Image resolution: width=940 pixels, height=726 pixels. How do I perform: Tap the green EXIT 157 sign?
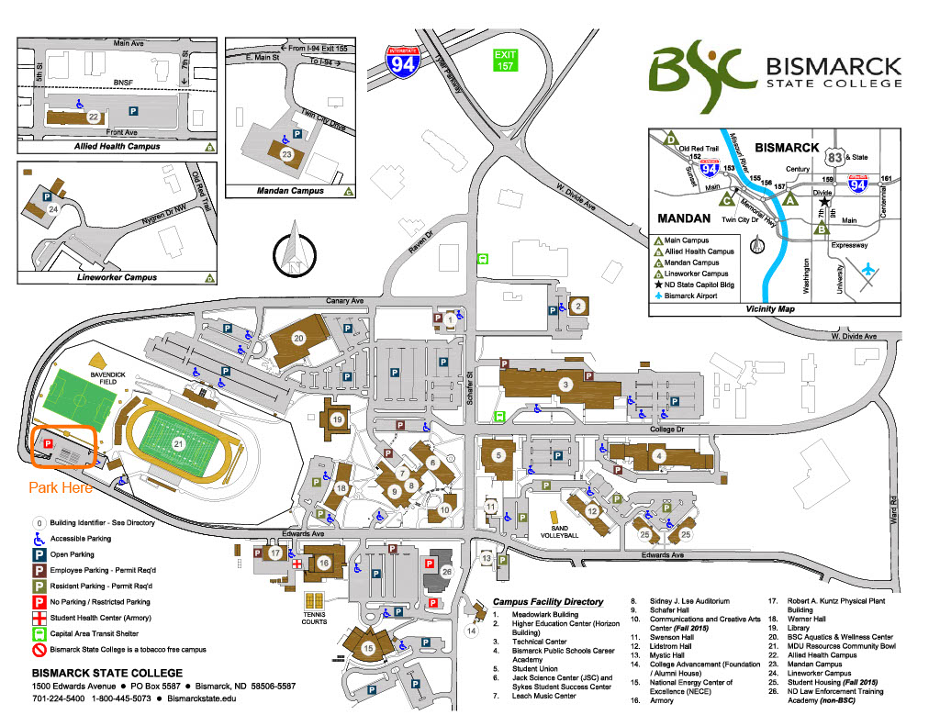tap(506, 61)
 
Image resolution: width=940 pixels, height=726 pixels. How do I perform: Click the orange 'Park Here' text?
tap(61, 488)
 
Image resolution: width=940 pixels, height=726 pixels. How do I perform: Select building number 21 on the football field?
tap(179, 443)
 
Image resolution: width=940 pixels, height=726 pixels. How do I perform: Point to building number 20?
tap(298, 338)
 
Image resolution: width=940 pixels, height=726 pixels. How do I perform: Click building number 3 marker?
tap(566, 384)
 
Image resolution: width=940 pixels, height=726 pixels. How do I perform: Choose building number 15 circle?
tap(368, 649)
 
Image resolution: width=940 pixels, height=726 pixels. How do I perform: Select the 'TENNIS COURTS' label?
tap(315, 618)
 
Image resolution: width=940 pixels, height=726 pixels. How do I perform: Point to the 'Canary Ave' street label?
tap(344, 300)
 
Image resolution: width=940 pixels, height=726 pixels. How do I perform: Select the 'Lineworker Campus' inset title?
tap(115, 276)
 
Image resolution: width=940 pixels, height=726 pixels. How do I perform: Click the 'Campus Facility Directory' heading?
tap(548, 602)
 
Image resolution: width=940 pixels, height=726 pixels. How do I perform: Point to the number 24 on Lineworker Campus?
tap(53, 209)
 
